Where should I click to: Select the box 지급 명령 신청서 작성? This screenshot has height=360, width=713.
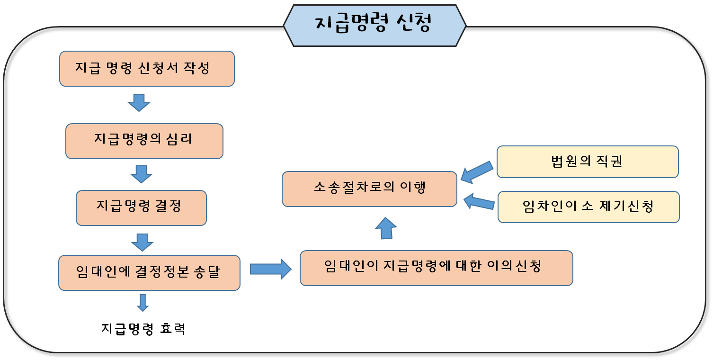click(147, 69)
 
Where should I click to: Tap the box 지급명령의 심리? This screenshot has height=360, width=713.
click(144, 141)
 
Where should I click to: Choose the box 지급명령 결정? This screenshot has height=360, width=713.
click(141, 207)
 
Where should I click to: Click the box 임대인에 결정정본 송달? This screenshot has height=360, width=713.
click(149, 273)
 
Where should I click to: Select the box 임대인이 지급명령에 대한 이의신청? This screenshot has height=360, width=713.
click(436, 268)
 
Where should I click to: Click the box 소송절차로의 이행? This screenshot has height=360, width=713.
click(369, 189)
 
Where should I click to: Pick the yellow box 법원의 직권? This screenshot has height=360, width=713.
click(587, 162)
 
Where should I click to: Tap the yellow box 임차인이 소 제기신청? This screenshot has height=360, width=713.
click(588, 207)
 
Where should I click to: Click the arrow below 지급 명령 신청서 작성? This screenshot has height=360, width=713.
click(139, 102)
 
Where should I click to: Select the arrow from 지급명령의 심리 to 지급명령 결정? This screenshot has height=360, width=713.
click(141, 174)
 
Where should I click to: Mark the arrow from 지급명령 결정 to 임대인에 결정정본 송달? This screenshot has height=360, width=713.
click(142, 242)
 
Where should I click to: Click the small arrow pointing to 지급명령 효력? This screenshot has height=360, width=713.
click(143, 303)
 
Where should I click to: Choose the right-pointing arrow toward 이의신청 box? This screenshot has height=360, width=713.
click(271, 269)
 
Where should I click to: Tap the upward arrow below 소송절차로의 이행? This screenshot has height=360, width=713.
click(386, 228)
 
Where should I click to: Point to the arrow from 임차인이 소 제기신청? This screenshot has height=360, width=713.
click(479, 202)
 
